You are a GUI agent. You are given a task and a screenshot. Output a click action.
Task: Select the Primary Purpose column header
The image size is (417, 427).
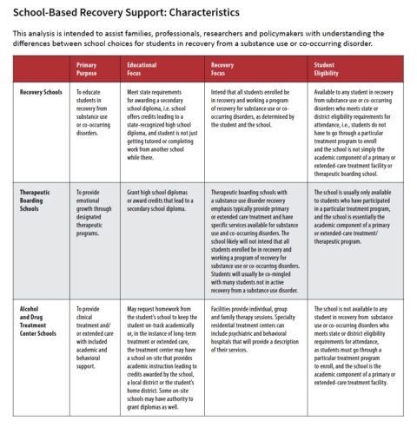coord(87,70)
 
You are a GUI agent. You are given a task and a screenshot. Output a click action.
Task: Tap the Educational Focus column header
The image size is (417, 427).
coord(142,70)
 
